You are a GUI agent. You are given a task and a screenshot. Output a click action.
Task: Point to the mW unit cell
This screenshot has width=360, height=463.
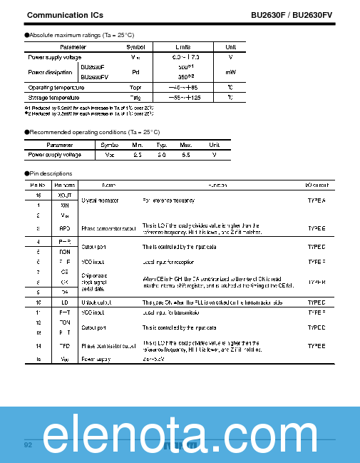(230, 71)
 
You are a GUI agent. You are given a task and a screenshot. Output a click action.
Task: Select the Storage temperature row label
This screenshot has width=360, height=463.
(53, 97)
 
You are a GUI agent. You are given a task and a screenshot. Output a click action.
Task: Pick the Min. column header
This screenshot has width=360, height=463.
(138, 145)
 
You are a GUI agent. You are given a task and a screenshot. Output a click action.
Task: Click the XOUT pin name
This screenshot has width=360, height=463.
(65, 194)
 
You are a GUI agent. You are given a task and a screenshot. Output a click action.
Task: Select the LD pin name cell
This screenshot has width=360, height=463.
(65, 302)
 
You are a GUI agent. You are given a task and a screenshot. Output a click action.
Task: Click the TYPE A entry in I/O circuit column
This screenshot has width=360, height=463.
(316, 201)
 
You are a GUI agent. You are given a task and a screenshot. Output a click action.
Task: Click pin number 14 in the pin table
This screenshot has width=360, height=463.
(38, 345)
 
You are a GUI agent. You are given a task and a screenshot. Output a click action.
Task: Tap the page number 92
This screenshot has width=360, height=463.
(29, 445)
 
